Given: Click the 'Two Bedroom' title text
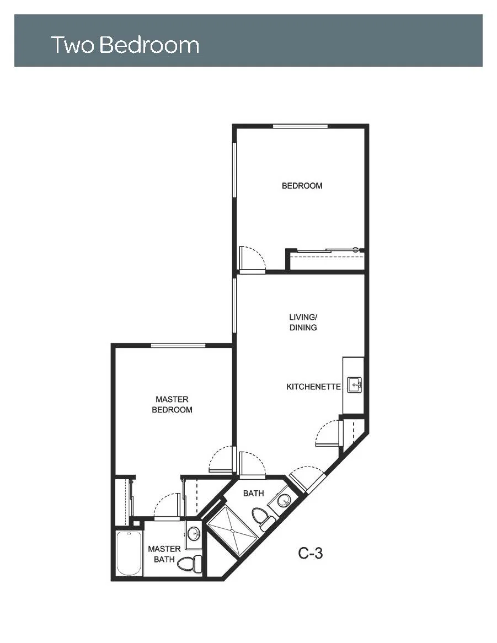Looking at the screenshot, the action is (x=125, y=45).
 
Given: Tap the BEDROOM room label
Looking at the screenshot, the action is (x=302, y=186).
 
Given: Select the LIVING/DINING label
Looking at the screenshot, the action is (x=303, y=322).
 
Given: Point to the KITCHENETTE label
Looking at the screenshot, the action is (x=313, y=387).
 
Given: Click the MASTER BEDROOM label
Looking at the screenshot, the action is (x=172, y=404).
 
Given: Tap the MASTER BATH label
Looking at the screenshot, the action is (x=164, y=554).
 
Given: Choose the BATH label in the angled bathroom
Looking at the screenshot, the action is (x=253, y=494).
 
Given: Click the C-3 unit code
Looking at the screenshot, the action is (x=311, y=553).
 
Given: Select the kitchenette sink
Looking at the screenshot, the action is (x=354, y=385).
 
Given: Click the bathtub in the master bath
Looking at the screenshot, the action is (x=129, y=553).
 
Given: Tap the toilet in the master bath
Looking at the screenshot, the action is (x=190, y=563).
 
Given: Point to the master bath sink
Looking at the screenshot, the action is (x=194, y=534).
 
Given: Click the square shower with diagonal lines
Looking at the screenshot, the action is (x=233, y=531).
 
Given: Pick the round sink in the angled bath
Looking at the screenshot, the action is (x=284, y=500).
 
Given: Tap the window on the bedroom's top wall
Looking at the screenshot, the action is (x=300, y=126).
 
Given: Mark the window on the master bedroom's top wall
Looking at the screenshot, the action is (x=178, y=345).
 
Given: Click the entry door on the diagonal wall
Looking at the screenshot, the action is (x=308, y=479).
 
